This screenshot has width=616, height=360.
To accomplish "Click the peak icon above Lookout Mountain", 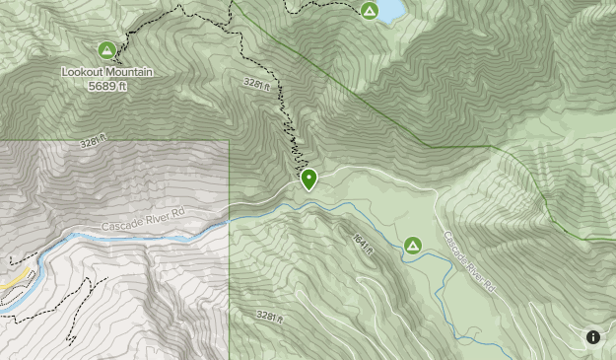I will (106, 50).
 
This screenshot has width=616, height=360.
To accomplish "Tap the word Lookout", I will (83, 72).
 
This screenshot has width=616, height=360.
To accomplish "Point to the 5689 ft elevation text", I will (107, 85).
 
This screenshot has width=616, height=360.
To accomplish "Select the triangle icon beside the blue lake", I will (370, 11).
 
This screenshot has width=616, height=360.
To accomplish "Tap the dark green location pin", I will (309, 179).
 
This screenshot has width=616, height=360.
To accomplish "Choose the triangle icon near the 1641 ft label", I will (412, 245).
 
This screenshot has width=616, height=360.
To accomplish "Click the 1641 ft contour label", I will (363, 244).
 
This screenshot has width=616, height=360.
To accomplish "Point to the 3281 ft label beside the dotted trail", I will (254, 85).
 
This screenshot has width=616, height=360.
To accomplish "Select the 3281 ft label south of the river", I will (268, 316).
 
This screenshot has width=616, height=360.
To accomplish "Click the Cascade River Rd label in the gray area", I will (143, 220).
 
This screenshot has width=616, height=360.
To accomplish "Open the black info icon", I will (593, 337).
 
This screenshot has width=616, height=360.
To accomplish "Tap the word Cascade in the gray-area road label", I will (119, 225).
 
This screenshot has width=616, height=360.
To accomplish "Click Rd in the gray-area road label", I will (177, 213).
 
